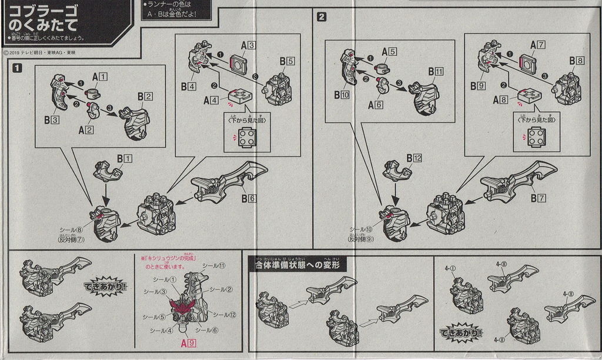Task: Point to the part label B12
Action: [x=413, y=158]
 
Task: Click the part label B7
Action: [x=537, y=198]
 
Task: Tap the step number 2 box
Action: [x=322, y=17]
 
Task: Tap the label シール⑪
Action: [x=215, y=266]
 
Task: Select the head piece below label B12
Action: [x=397, y=171]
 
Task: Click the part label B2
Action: [x=145, y=96]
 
